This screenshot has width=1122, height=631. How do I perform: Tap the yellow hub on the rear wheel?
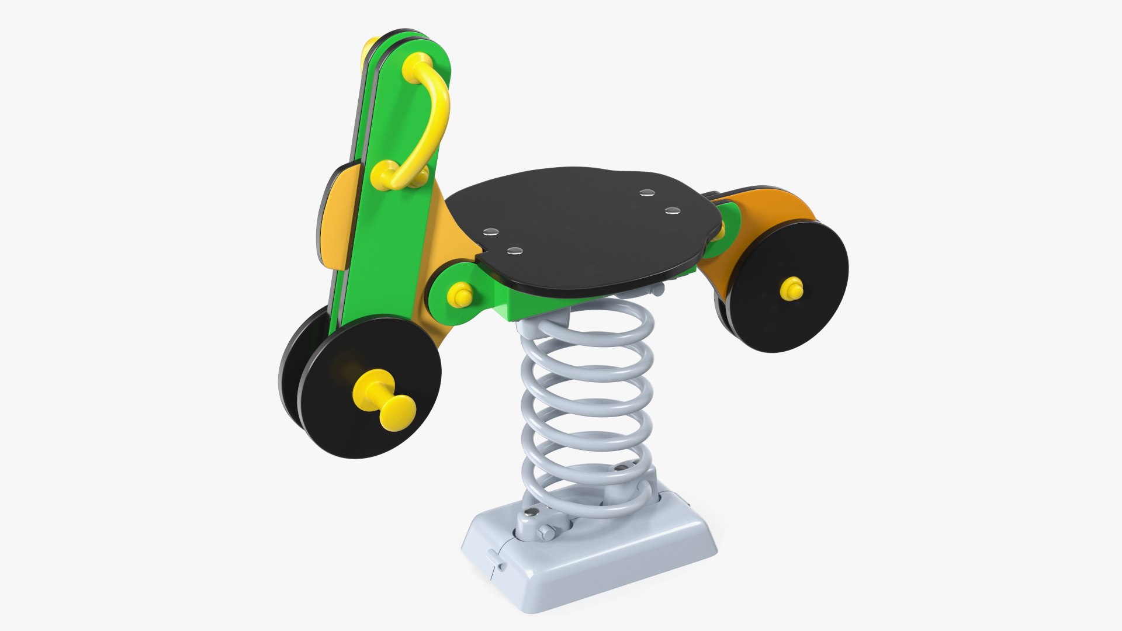click(x=791, y=289)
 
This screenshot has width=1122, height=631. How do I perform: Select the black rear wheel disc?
click(x=783, y=315)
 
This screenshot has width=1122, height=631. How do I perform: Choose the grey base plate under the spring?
click(x=590, y=561)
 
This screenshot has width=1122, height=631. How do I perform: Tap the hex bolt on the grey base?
click(x=545, y=532)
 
